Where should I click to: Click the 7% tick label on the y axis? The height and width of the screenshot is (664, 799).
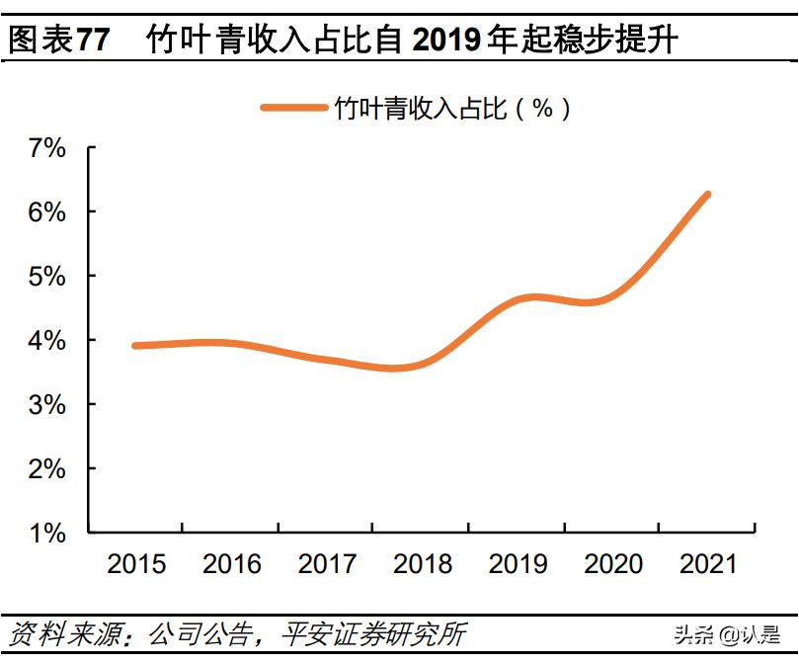(45, 148)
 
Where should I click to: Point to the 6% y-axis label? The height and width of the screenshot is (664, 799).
(45, 212)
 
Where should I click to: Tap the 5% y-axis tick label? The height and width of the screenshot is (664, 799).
(45, 277)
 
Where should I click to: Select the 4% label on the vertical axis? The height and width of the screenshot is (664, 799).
(45, 341)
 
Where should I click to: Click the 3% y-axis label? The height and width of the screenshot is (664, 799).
(45, 405)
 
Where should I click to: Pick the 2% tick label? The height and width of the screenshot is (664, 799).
(45, 469)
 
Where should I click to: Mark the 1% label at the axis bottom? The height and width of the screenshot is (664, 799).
(45, 534)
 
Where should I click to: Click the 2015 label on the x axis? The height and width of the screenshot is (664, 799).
(136, 564)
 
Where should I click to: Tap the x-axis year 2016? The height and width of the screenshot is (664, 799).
(232, 564)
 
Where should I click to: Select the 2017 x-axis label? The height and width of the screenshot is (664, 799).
(327, 564)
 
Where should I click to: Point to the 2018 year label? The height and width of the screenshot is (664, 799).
(423, 564)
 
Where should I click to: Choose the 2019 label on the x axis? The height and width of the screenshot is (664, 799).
(519, 564)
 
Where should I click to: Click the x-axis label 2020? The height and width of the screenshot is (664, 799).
(613, 564)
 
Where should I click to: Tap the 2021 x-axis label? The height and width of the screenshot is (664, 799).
(709, 564)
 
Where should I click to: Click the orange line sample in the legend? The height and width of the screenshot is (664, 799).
(293, 108)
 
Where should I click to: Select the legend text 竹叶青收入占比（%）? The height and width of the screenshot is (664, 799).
(453, 108)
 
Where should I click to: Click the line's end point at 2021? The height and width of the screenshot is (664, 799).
(707, 195)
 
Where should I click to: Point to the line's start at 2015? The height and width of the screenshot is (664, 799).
(135, 346)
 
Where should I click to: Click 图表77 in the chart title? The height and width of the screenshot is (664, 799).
(58, 41)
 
